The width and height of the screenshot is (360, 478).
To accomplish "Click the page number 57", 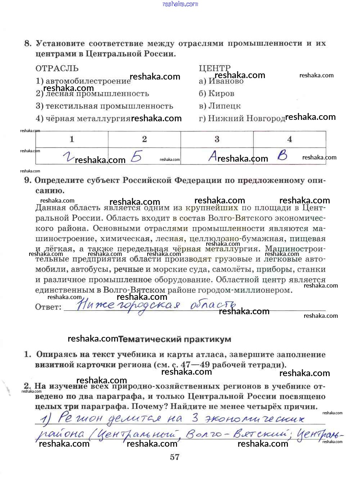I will pos(175,457).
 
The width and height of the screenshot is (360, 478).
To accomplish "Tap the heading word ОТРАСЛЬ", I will pos(57,68).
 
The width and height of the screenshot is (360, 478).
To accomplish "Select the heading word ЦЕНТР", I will pos(215,68).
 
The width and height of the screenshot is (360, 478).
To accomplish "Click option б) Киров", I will pos(216,94).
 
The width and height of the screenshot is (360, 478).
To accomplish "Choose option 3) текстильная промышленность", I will pos(104,106).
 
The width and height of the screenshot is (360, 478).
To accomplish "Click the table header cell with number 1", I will pos(72,139).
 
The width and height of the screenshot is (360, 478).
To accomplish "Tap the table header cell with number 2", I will pos(144,139).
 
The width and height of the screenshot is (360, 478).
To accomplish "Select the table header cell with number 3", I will pos(217,139).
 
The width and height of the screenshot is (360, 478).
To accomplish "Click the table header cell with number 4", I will pos(289,139).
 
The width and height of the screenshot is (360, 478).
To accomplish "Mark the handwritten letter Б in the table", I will pos(136,157).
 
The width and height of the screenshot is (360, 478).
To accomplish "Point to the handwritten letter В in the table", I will pos(283,155).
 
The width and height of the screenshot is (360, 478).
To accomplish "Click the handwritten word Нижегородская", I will pos(128,306).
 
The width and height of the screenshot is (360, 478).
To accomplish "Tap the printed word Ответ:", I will pos(48,307).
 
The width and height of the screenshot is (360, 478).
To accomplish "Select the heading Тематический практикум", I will pos(175,339).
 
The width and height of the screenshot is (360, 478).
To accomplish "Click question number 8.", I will pos(28,44).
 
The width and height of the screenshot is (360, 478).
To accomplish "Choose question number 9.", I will pos(28,180).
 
